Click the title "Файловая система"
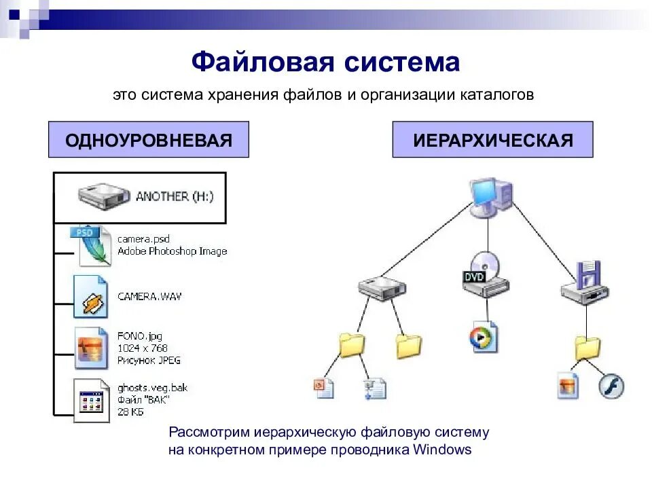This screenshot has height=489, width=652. point(325,62)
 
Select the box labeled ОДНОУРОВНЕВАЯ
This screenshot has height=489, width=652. point(148,140)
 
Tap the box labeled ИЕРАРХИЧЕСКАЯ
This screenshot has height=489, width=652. point(492,140)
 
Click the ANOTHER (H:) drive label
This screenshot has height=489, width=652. point(175,196)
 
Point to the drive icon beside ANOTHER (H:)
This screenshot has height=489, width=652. point(103,196)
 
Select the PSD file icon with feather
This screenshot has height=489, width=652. point(92,245)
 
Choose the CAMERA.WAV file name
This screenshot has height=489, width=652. point(149,296)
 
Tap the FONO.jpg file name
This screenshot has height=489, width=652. point(140,336)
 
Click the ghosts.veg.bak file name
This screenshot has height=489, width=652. point(152,388)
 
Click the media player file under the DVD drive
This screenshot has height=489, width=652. point(484,338)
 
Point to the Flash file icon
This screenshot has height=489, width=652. point(611,386)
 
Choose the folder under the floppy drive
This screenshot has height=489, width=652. point(587,348)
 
